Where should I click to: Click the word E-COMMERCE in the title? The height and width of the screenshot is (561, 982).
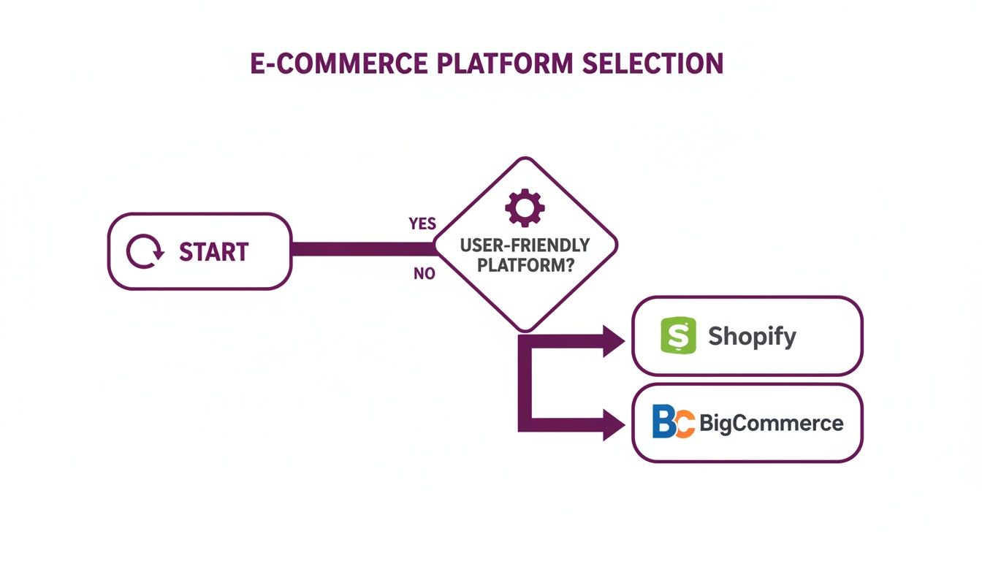pos(338,64)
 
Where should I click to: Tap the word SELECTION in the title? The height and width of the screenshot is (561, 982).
pos(652,64)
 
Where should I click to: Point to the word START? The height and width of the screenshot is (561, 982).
pos(213,252)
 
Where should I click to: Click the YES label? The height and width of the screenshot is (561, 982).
pos(422,224)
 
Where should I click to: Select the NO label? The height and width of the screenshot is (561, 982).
pos(424,275)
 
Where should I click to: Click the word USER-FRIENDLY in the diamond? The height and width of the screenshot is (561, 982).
pos(525,245)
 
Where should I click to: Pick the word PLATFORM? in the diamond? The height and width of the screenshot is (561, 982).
pos(525,264)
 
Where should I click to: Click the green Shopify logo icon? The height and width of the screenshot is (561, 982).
pos(678,336)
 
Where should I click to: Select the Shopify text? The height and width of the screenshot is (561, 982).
pos(752,337)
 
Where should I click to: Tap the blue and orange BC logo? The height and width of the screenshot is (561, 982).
pos(673,422)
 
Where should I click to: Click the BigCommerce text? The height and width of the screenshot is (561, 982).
pos(771,423)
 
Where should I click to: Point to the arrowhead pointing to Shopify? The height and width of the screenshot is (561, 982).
pos(614,340)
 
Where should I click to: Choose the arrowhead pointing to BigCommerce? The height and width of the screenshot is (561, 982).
pos(614,424)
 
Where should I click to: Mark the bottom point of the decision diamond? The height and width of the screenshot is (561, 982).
pos(525,331)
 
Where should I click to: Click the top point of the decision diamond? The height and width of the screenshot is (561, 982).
pos(525,159)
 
